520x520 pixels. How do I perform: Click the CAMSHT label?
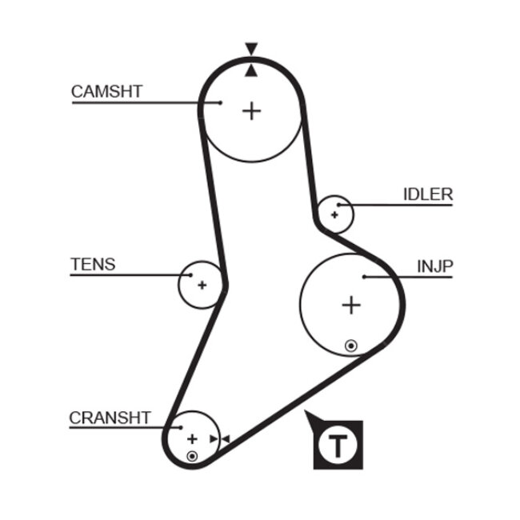coord(106,91)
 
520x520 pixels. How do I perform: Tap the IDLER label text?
coord(427,194)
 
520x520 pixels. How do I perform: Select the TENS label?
coord(93,264)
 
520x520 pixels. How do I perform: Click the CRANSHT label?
coord(110,418)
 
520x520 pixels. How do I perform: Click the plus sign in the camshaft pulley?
coord(252,110)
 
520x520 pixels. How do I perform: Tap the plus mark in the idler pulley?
coord(335,214)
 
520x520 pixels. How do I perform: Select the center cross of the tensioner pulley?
coord(202,284)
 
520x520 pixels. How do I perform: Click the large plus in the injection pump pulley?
coord(351,305)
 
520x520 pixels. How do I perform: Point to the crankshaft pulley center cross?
coord(192,438)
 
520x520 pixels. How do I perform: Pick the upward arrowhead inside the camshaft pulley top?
coord(252,71)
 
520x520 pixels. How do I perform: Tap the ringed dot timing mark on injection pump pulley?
coord(350,346)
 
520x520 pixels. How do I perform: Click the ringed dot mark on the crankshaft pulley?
coord(192,456)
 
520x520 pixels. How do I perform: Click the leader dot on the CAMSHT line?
coord(220,102)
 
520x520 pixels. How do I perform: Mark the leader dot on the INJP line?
coord(364,277)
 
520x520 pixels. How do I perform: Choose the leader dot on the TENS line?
coord(191,275)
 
